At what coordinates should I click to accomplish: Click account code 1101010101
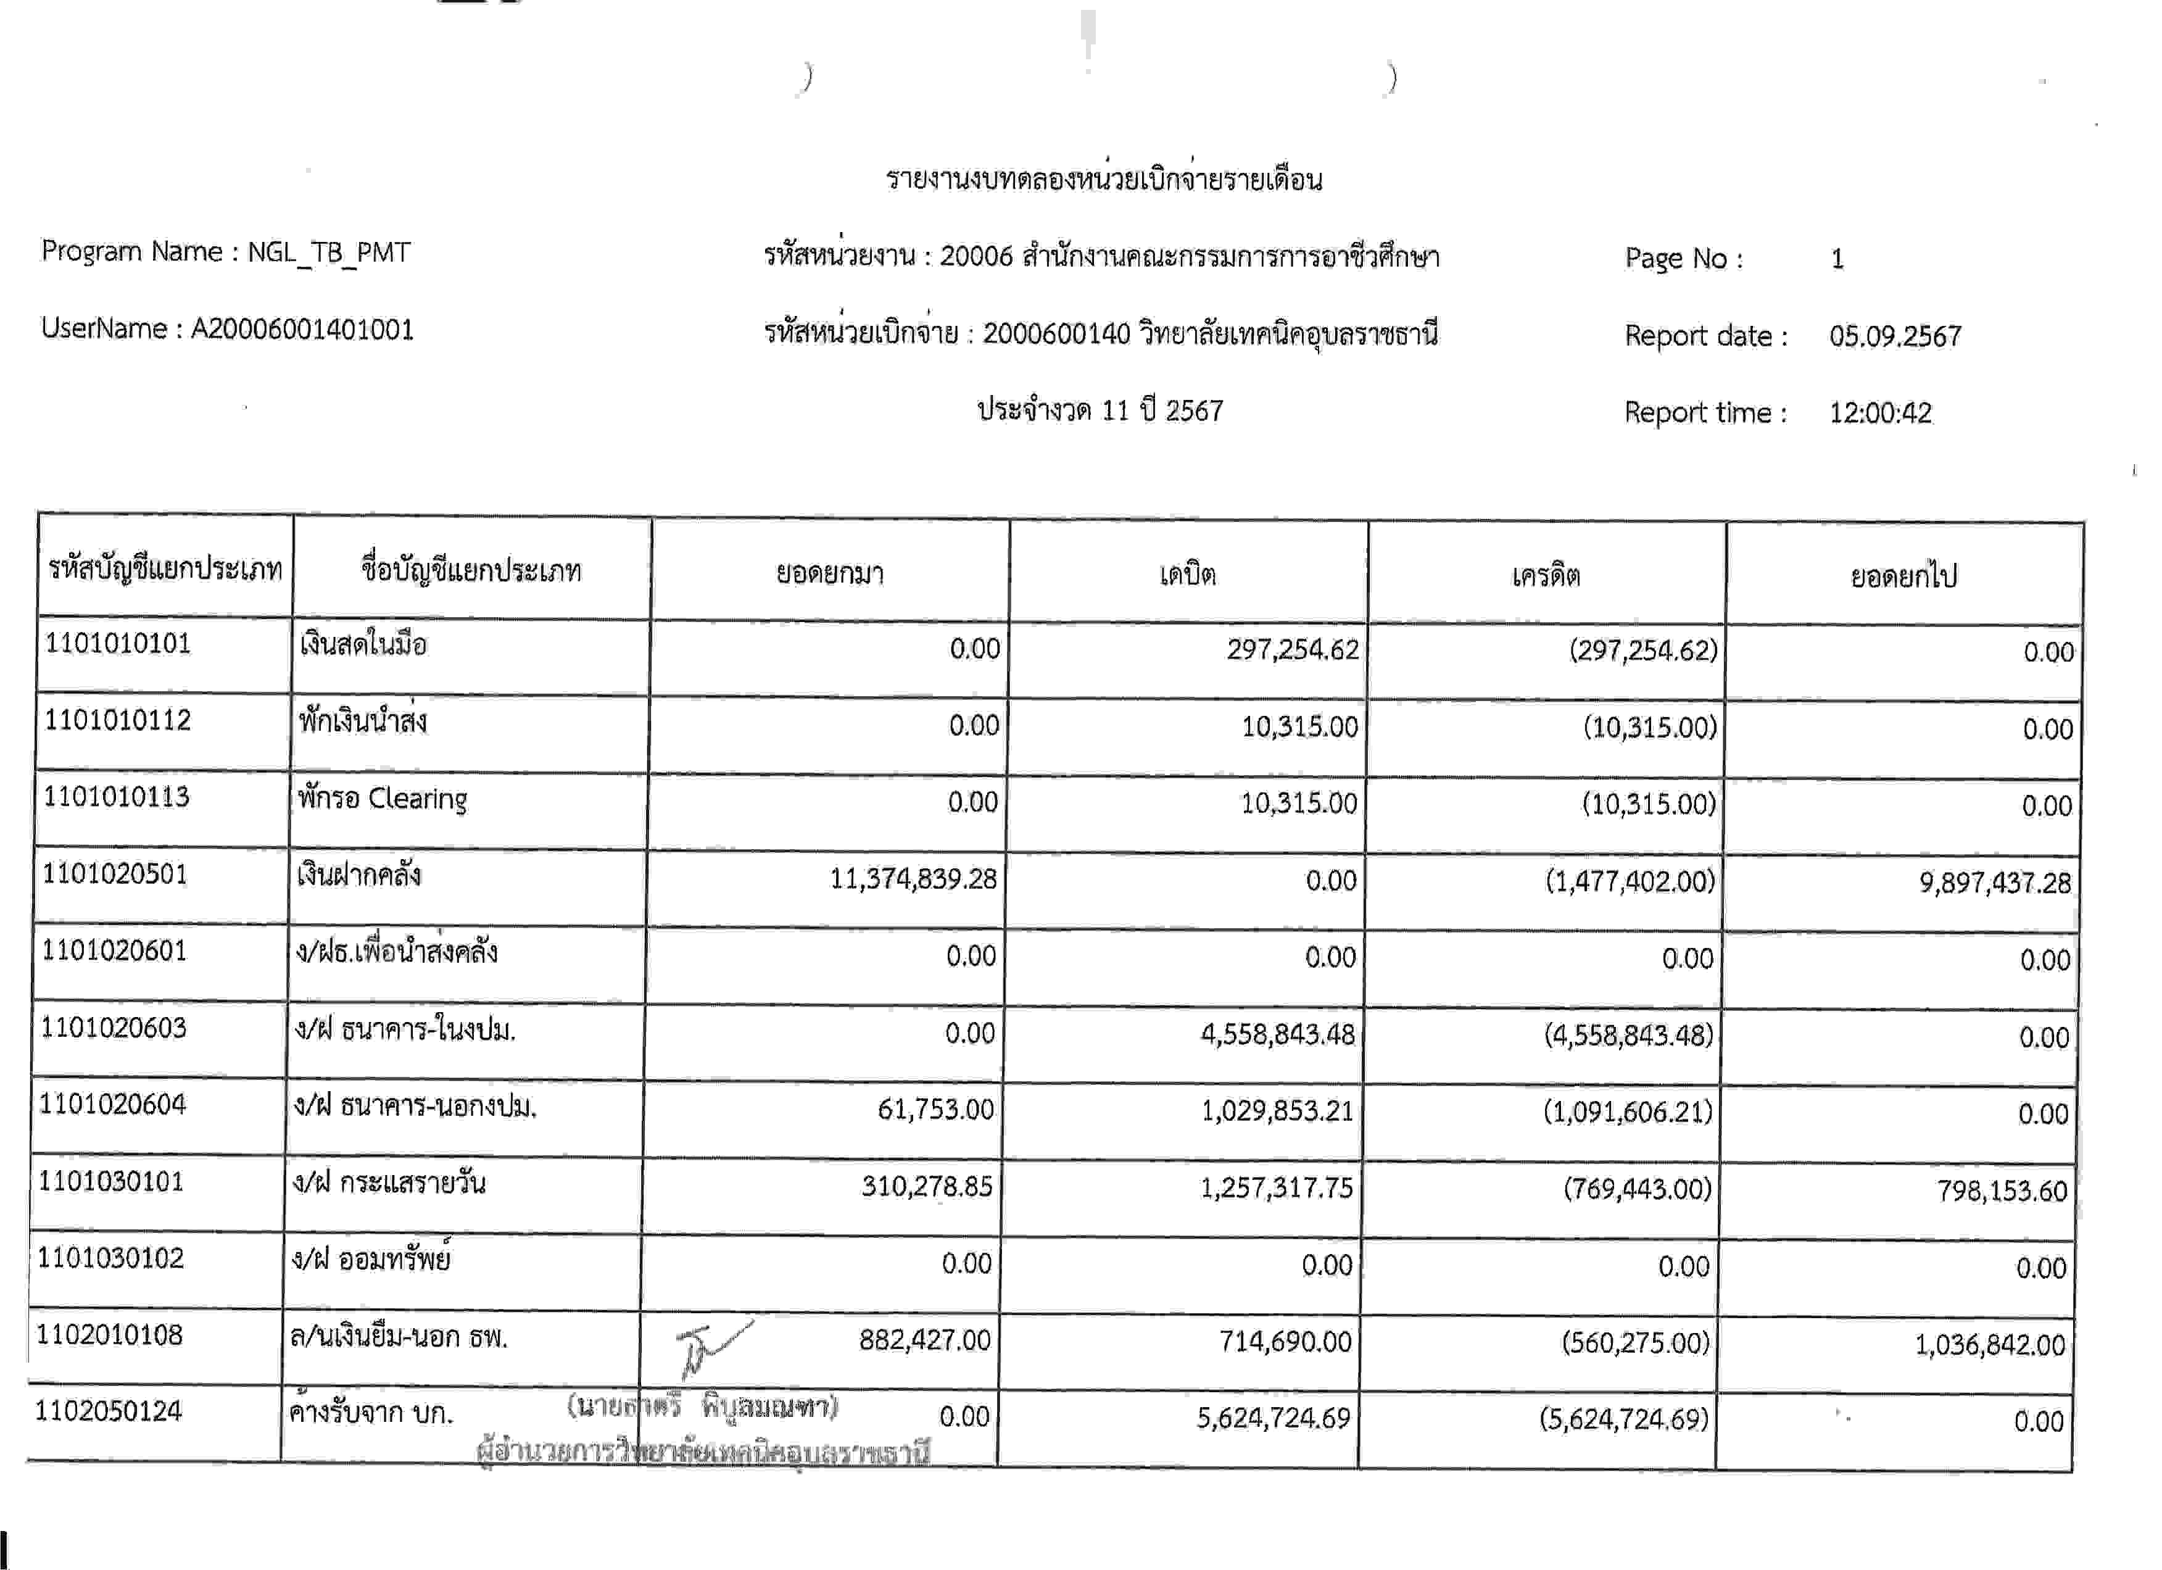pyautogui.click(x=118, y=644)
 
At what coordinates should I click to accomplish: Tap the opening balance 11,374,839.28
pyautogui.click(x=913, y=878)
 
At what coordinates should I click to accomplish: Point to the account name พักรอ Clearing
pyautogui.click(x=383, y=798)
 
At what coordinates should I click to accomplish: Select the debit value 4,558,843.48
pyautogui.click(x=1277, y=1034)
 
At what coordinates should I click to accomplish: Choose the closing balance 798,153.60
pyautogui.click(x=2001, y=1190)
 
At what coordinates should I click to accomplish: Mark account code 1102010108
pyautogui.click(x=110, y=1334)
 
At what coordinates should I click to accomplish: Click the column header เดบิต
pyautogui.click(x=1188, y=575)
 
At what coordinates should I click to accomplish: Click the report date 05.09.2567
pyautogui.click(x=1894, y=336)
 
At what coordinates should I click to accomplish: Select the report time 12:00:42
pyautogui.click(x=1880, y=413)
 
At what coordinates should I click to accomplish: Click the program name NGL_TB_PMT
pyautogui.click(x=329, y=252)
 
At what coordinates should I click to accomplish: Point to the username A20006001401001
pyautogui.click(x=302, y=330)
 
